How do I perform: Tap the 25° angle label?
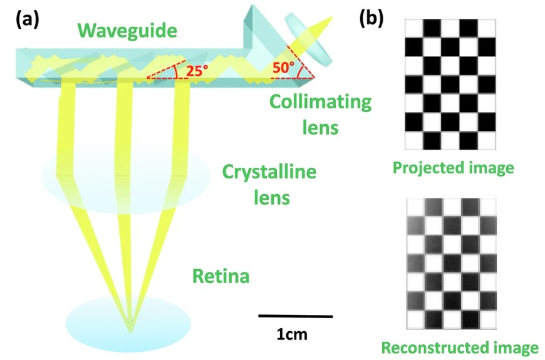coord(197,71)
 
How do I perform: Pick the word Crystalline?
coord(269,172)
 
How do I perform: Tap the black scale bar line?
coord(296,316)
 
